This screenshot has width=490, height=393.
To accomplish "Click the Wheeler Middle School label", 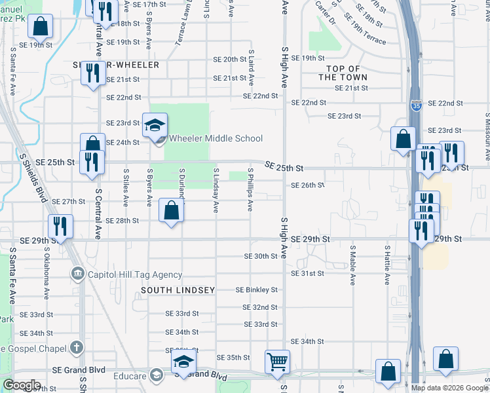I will point(216,138).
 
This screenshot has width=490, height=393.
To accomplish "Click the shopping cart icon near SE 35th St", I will point(277,362).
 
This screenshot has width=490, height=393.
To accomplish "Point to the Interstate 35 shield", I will point(417,104).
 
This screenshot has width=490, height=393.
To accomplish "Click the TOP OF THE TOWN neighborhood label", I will point(343,73).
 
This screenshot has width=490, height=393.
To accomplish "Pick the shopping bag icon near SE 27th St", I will point(172,211).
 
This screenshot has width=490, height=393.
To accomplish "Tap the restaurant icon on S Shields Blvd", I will point(60,227).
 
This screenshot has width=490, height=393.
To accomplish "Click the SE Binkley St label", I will point(257,290).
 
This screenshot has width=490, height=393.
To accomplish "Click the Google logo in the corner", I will point(22,385).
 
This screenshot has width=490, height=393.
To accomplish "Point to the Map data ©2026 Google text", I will point(449,388).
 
